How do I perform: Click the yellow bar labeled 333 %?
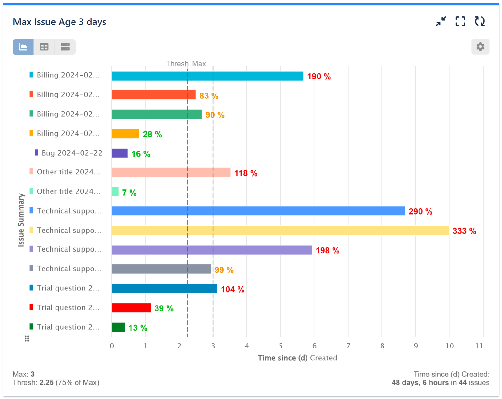[280, 231]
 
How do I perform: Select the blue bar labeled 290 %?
[258, 211]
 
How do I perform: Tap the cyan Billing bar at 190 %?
[207, 76]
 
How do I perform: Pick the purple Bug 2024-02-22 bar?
[120, 153]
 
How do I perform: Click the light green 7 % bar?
[115, 192]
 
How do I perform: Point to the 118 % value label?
[246, 173]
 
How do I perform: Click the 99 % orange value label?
[224, 270]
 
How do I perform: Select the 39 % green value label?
[164, 309]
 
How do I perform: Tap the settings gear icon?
[480, 47]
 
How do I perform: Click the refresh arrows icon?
[479, 21]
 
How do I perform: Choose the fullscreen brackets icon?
[460, 21]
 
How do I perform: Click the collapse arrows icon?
[441, 21]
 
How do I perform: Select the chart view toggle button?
[23, 47]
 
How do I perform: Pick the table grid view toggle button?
[44, 47]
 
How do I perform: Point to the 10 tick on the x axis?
[450, 346]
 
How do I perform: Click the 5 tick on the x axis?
[280, 346]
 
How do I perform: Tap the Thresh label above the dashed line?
[177, 64]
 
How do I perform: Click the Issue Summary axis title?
[21, 220]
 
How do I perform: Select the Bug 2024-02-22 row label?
[72, 153]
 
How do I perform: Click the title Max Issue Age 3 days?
[60, 22]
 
